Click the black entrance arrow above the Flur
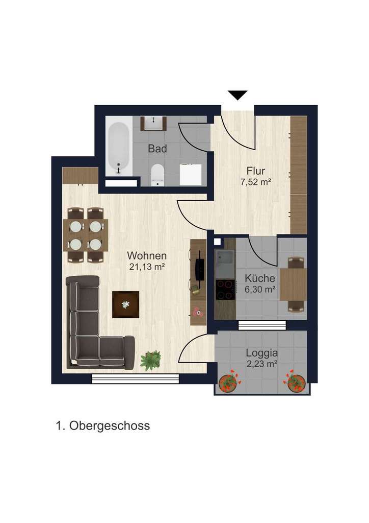(x=238, y=95)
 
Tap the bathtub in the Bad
(x=119, y=146)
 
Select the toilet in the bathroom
(x=157, y=174)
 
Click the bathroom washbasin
(x=154, y=123)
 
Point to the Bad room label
(x=157, y=149)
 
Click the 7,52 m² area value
(x=255, y=181)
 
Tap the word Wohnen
(x=147, y=255)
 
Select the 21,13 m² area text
(x=147, y=266)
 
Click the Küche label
(x=260, y=279)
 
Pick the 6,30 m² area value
(x=260, y=289)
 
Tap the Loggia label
(x=261, y=353)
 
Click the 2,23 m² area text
(x=261, y=364)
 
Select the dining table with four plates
(x=85, y=235)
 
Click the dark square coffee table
(x=125, y=304)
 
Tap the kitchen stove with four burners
(x=225, y=290)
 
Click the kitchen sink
(x=224, y=263)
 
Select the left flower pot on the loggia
(x=229, y=382)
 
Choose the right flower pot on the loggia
(x=296, y=383)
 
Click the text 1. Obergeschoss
(x=102, y=425)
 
